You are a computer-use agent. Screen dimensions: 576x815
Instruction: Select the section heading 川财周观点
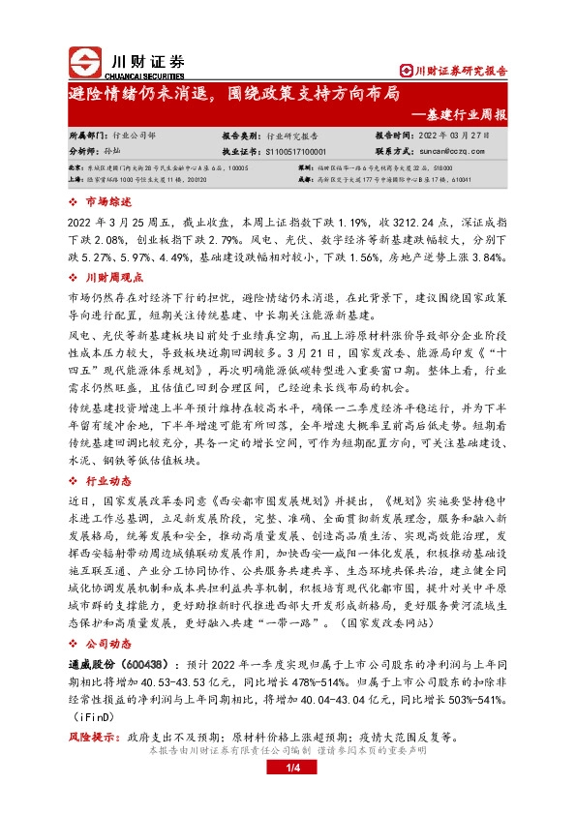point(112,277)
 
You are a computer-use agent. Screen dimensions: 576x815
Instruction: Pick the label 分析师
point(60,152)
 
